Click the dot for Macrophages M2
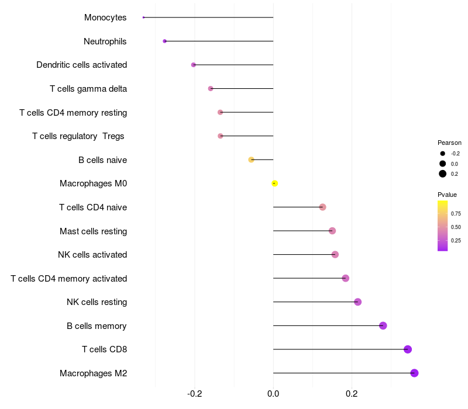[414, 373]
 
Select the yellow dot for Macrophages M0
[274, 183]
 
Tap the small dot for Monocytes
[143, 18]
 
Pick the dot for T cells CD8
[408, 349]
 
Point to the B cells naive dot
[251, 160]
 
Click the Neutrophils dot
[164, 41]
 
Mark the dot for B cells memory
[383, 325]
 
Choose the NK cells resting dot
[357, 302]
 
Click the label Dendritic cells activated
[81, 65]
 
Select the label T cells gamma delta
[88, 89]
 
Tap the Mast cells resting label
[93, 231]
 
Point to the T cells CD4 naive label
[93, 207]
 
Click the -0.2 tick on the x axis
[195, 394]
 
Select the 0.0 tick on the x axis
[273, 394]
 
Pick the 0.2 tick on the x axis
[352, 394]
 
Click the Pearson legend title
[449, 143]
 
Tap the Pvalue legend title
[447, 195]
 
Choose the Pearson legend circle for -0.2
[443, 154]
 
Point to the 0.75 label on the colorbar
[456, 213]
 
